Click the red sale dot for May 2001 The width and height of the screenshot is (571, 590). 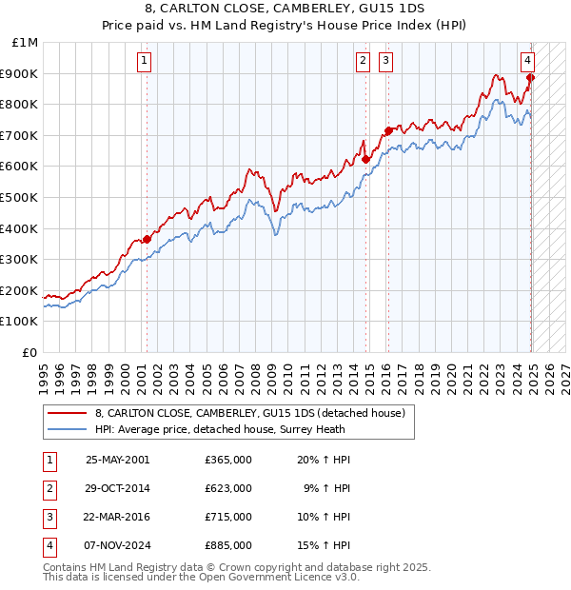click(147, 239)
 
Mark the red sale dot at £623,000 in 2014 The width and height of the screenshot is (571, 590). click(366, 159)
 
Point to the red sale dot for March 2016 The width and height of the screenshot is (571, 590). click(388, 130)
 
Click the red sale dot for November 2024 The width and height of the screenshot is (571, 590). click(530, 78)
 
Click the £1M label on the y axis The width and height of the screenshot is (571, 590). click(26, 43)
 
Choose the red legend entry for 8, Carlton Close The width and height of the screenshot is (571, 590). click(250, 413)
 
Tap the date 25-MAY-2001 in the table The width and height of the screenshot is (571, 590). click(117, 460)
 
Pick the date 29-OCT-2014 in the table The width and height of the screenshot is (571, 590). click(117, 488)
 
